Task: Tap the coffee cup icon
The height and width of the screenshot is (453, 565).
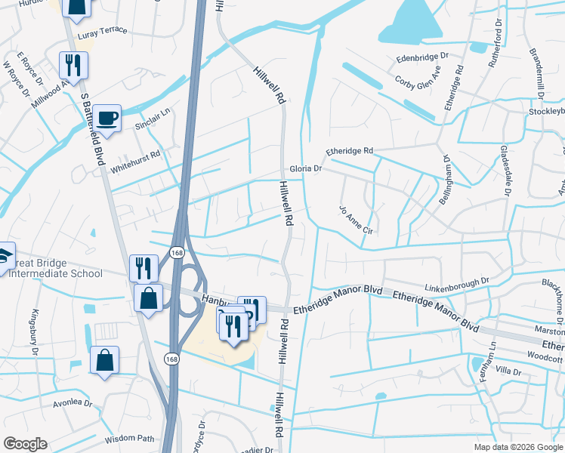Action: coord(108,119)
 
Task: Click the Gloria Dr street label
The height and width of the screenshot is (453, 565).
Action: coord(306,169)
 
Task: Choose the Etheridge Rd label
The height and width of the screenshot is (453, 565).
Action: coord(350,151)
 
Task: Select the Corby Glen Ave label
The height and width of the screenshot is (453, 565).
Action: coord(418,78)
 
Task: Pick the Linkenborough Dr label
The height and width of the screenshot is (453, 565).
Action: coord(457,281)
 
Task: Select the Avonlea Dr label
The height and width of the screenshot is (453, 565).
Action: coord(72,403)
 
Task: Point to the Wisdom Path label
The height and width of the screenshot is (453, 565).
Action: coord(129,439)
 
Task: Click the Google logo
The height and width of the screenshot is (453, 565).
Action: coord(25,444)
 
